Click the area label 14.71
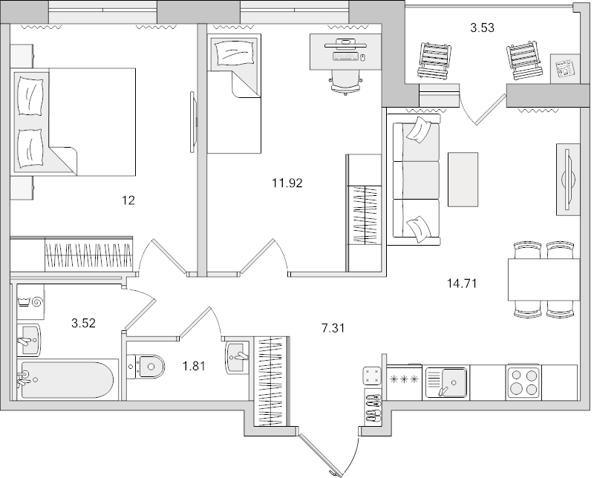(x=462, y=283)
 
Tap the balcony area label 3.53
(x=483, y=29)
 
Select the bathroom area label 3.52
(x=83, y=323)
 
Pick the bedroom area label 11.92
(x=288, y=181)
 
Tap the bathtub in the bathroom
(x=67, y=379)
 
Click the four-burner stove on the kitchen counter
(x=524, y=383)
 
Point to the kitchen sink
(x=446, y=383)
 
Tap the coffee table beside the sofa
(x=463, y=179)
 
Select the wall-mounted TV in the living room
(x=568, y=178)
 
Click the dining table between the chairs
(x=543, y=279)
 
